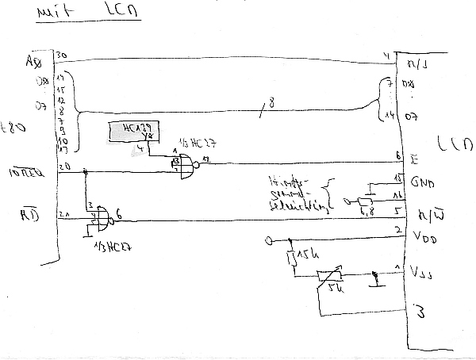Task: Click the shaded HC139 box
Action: click(x=132, y=132)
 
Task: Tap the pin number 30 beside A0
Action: click(x=61, y=55)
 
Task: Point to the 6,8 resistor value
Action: click(x=367, y=212)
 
